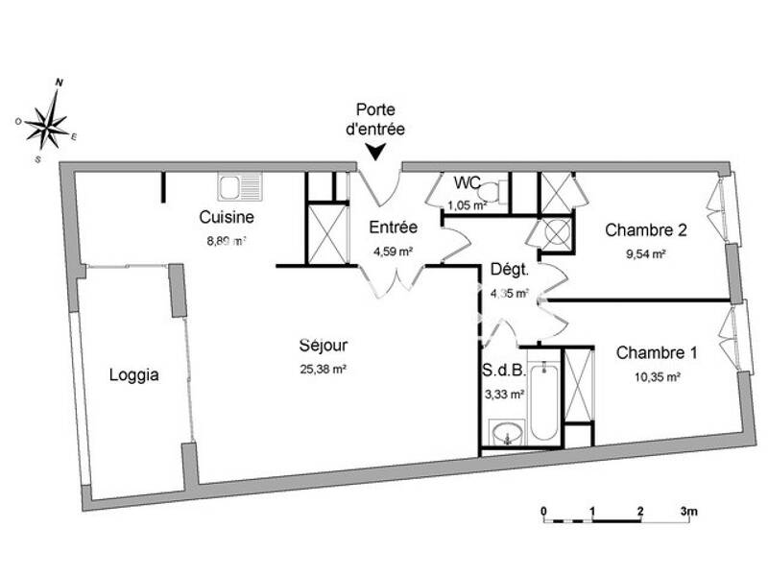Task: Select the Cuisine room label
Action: pyautogui.click(x=227, y=217)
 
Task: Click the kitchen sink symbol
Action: pyautogui.click(x=234, y=184)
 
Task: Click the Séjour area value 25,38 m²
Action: pyautogui.click(x=323, y=369)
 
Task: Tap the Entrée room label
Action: pyautogui.click(x=393, y=228)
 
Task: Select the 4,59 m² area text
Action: pyautogui.click(x=393, y=252)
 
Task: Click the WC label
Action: pyautogui.click(x=467, y=182)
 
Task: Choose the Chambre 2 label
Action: pyautogui.click(x=646, y=230)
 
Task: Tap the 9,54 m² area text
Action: pyautogui.click(x=646, y=255)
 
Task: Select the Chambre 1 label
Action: pyautogui.click(x=657, y=352)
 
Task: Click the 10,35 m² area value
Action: pyautogui.click(x=657, y=377)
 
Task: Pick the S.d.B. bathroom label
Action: pyautogui.click(x=502, y=369)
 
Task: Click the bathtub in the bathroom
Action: pyautogui.click(x=543, y=401)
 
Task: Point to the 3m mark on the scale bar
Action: pyautogui.click(x=688, y=511)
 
